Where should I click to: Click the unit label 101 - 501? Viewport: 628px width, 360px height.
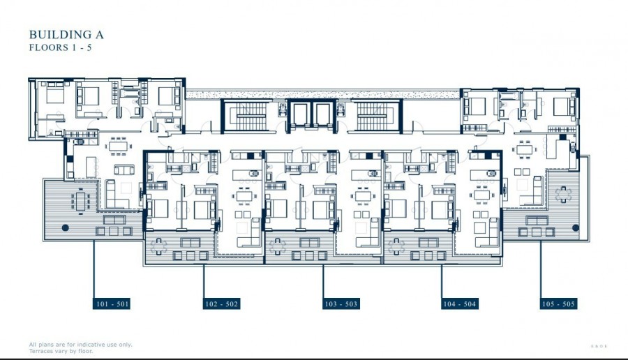point(112,304)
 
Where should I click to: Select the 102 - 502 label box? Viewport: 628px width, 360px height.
point(223,304)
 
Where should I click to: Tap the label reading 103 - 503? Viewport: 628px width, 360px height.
point(341,304)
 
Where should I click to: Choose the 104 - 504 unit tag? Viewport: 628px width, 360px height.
point(460,304)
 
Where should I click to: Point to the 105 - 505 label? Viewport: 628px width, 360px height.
point(559,304)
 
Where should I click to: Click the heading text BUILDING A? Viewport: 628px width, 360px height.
point(66,34)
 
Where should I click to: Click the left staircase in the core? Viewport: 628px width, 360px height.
point(245,116)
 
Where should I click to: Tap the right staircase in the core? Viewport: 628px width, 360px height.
point(377,116)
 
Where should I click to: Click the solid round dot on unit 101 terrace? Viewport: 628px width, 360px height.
point(65,227)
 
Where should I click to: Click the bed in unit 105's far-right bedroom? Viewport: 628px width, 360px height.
point(562,106)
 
